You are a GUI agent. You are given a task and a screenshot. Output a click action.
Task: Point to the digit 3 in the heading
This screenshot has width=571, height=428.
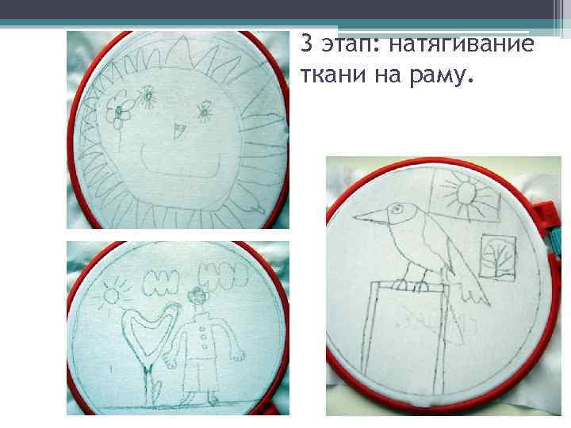(x=308, y=44)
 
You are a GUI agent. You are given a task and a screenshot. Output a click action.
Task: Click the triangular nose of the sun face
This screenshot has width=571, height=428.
(x=178, y=131)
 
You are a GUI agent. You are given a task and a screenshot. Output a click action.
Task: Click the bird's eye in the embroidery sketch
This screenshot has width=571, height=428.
(x=397, y=209)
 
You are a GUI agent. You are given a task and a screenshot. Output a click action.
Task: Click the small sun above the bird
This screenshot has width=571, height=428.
(x=464, y=193)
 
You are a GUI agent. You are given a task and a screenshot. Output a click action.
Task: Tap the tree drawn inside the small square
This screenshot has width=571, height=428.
(x=497, y=255)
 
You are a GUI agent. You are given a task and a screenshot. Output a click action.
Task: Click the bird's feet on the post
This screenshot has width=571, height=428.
(x=412, y=285)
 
